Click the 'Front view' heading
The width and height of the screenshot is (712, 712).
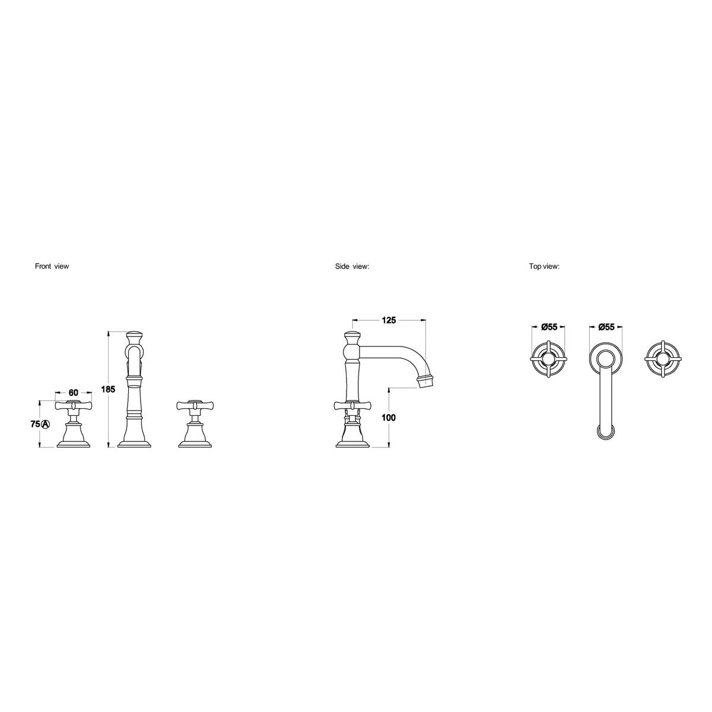pos(52,266)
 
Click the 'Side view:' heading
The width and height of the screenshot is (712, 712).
pos(352,266)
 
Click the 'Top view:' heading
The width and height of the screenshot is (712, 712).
pos(544,266)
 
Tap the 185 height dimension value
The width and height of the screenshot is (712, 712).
pos(108,389)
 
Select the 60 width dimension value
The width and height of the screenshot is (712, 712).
pos(74,393)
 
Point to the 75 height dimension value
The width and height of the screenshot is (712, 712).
pos(35,424)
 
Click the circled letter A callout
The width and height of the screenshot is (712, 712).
pos(44,424)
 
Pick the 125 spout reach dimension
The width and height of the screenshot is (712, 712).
pos(389,320)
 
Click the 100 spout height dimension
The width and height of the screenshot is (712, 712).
pos(388,418)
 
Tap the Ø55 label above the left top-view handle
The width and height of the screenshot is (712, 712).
pos(549,327)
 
